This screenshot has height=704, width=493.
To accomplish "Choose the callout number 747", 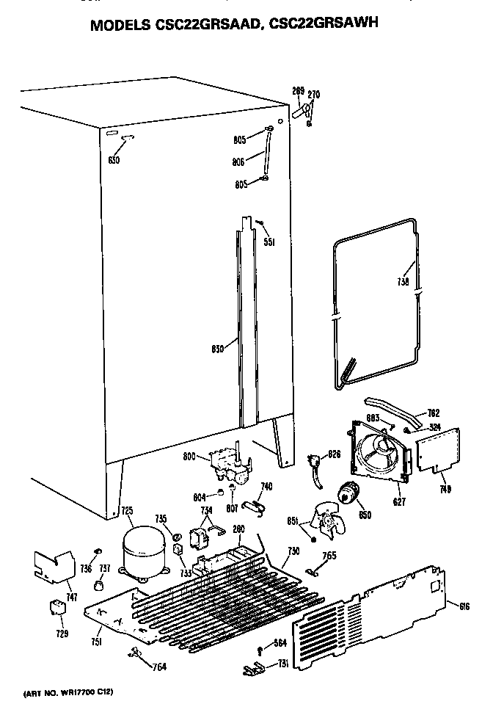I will click(x=71, y=598).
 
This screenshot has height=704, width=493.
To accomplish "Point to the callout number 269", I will click(x=297, y=90).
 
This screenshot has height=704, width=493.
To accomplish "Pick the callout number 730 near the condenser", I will click(x=293, y=551).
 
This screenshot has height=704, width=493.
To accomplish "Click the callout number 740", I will click(x=266, y=486).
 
